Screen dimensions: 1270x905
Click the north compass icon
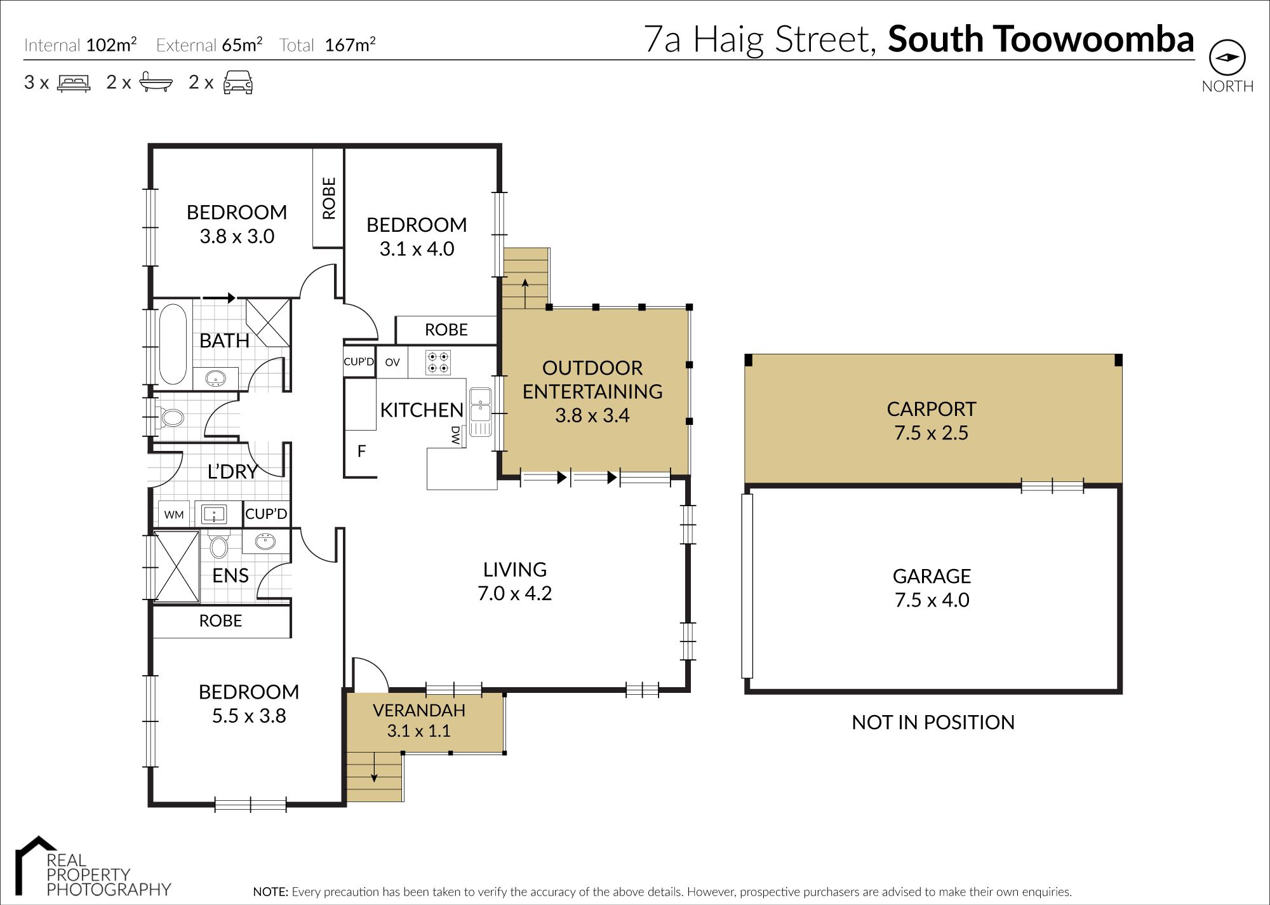pyautogui.click(x=1227, y=58)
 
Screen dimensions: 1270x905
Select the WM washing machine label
pyautogui.click(x=174, y=515)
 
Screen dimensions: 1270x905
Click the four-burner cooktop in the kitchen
pyautogui.click(x=438, y=362)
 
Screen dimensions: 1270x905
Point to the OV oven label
pyautogui.click(x=392, y=363)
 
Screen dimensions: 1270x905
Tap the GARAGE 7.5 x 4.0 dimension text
pyautogui.click(x=932, y=600)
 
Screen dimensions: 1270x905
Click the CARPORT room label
pyautogui.click(x=932, y=409)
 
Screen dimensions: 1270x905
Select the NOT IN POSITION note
pyautogui.click(x=933, y=722)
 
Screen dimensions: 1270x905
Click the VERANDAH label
pyautogui.click(x=419, y=710)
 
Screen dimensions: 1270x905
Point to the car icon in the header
pyautogui.click(x=238, y=83)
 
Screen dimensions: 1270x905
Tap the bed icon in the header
pyautogui.click(x=74, y=83)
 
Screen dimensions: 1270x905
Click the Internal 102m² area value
pyautogui.click(x=112, y=44)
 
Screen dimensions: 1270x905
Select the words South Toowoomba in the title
pyautogui.click(x=1041, y=39)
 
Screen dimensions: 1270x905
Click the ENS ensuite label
pyautogui.click(x=230, y=575)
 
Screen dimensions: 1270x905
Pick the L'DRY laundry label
pyautogui.click(x=233, y=471)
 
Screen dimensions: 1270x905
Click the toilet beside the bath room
pyautogui.click(x=171, y=418)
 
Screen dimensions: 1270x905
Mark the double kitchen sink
pyautogui.click(x=480, y=412)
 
